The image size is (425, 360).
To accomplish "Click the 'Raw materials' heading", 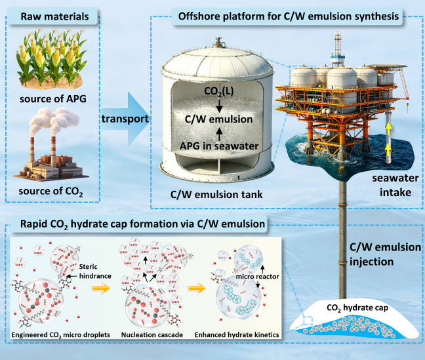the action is pyautogui.click(x=54, y=16).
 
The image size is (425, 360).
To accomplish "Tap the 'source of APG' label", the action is pyautogui.click(x=53, y=98).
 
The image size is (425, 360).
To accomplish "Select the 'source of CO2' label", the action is pyautogui.click(x=51, y=191).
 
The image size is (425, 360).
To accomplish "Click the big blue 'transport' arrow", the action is pyautogui.click(x=125, y=119).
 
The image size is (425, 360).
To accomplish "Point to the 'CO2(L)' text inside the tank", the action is pyautogui.click(x=219, y=91).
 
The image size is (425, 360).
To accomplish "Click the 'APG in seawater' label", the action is pyautogui.click(x=219, y=146).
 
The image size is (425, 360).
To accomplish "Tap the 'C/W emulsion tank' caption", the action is pyautogui.click(x=216, y=194).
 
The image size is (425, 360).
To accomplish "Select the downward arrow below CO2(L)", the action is pyautogui.click(x=219, y=105).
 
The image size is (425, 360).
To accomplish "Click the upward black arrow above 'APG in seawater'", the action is pyautogui.click(x=219, y=134).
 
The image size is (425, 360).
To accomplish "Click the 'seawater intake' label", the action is pyautogui.click(x=395, y=185).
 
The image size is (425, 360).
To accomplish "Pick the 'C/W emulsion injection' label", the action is pyautogui.click(x=385, y=254).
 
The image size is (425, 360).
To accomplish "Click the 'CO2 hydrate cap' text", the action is pyautogui.click(x=357, y=308).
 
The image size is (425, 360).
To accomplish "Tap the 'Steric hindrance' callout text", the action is pyautogui.click(x=95, y=271).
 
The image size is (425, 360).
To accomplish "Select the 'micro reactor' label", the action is pyautogui.click(x=257, y=277).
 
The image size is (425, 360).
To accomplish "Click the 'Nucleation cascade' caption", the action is pyautogui.click(x=152, y=335).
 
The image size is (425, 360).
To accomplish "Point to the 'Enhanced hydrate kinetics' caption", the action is pyautogui.click(x=237, y=335).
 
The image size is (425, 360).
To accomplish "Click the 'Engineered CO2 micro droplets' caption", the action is pyautogui.click(x=61, y=335).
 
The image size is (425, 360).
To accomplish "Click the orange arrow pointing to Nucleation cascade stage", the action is pyautogui.click(x=102, y=288).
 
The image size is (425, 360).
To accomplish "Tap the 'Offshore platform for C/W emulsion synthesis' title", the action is pyautogui.click(x=289, y=16).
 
